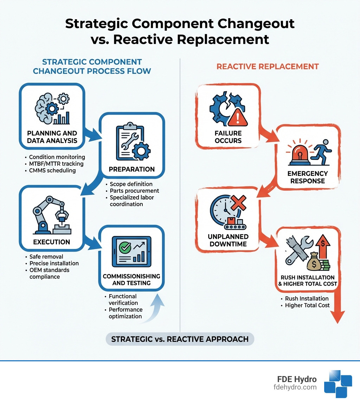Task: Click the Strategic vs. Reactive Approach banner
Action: [x=180, y=339]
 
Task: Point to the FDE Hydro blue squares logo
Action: [x=337, y=383]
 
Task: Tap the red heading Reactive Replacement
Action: [x=268, y=66]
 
